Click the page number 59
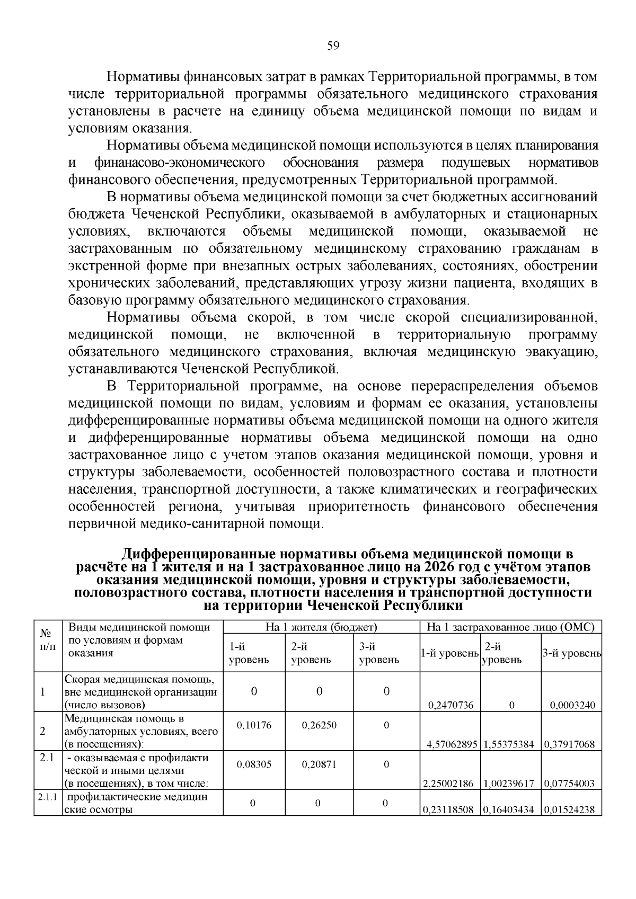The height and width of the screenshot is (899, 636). (x=333, y=46)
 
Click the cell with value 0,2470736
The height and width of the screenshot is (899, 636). (x=450, y=705)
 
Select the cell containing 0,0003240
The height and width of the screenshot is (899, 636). (x=572, y=705)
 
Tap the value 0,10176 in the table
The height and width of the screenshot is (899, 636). (x=254, y=725)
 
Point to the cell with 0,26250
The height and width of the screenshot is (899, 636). (x=319, y=725)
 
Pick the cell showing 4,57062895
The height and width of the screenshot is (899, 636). (x=450, y=744)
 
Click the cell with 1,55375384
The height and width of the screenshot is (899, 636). (x=510, y=744)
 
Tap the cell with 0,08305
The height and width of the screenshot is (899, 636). (x=254, y=764)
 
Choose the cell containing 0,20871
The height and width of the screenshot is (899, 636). (x=319, y=764)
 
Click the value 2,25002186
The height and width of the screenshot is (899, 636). (x=450, y=783)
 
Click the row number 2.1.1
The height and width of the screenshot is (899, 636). (x=48, y=797)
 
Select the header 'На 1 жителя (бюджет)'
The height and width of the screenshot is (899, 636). (x=321, y=627)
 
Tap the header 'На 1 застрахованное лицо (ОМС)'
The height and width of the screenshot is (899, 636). (x=511, y=627)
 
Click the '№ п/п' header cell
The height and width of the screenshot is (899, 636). (x=48, y=639)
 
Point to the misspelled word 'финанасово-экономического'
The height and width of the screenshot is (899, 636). (x=180, y=162)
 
